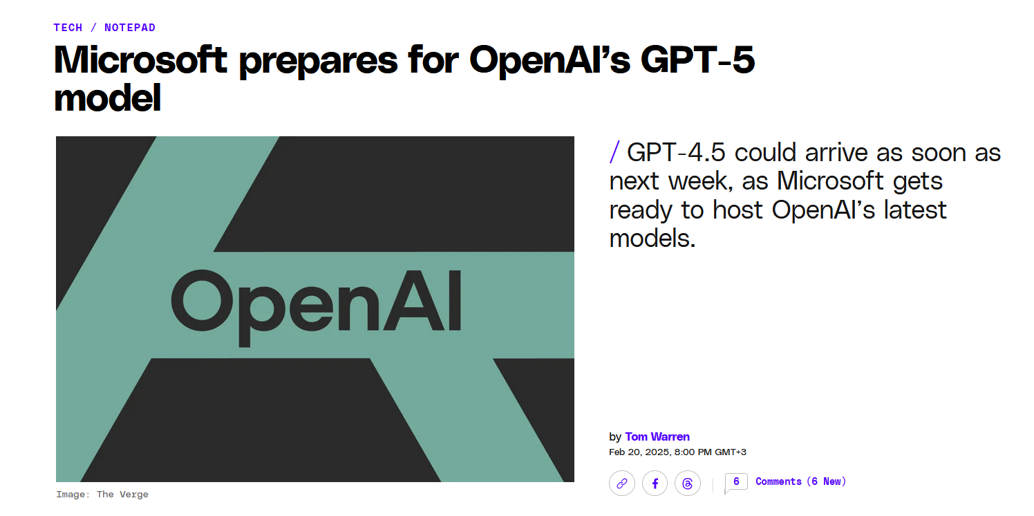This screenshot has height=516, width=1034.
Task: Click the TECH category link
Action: pos(68,28)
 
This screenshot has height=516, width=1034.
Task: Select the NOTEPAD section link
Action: pos(130,28)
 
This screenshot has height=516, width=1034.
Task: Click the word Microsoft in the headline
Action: pos(140,59)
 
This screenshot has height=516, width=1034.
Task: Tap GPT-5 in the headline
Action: pos(697,59)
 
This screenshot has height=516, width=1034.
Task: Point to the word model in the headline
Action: pos(108,98)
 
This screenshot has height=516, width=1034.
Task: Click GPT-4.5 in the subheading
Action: pos(676,152)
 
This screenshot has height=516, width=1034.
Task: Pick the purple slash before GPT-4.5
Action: pos(614,152)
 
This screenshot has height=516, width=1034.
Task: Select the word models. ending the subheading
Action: pos(652,239)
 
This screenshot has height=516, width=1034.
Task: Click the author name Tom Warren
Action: pos(657,436)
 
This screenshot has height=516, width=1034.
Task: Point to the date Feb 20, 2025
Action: pos(639,452)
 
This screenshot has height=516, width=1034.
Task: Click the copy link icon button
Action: pos(622,483)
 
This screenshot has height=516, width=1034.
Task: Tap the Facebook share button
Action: pos(655,483)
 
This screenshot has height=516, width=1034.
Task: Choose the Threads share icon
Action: pos(688,483)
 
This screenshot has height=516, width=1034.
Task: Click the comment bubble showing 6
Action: pos(736,482)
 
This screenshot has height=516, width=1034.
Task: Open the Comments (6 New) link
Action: pos(800,481)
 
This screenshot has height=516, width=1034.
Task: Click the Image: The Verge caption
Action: pos(102,495)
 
